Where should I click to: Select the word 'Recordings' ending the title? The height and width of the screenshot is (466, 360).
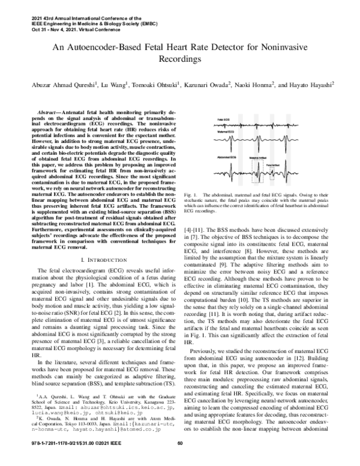tap(179, 60)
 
